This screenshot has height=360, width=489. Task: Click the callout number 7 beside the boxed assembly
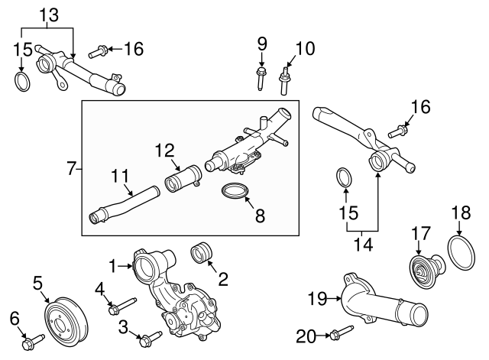[71, 168]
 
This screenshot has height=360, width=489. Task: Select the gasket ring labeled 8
[238, 193]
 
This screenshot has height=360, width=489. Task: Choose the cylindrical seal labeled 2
[202, 254]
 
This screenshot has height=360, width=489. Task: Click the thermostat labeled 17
[419, 270]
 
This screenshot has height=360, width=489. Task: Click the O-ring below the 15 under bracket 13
[22, 83]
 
